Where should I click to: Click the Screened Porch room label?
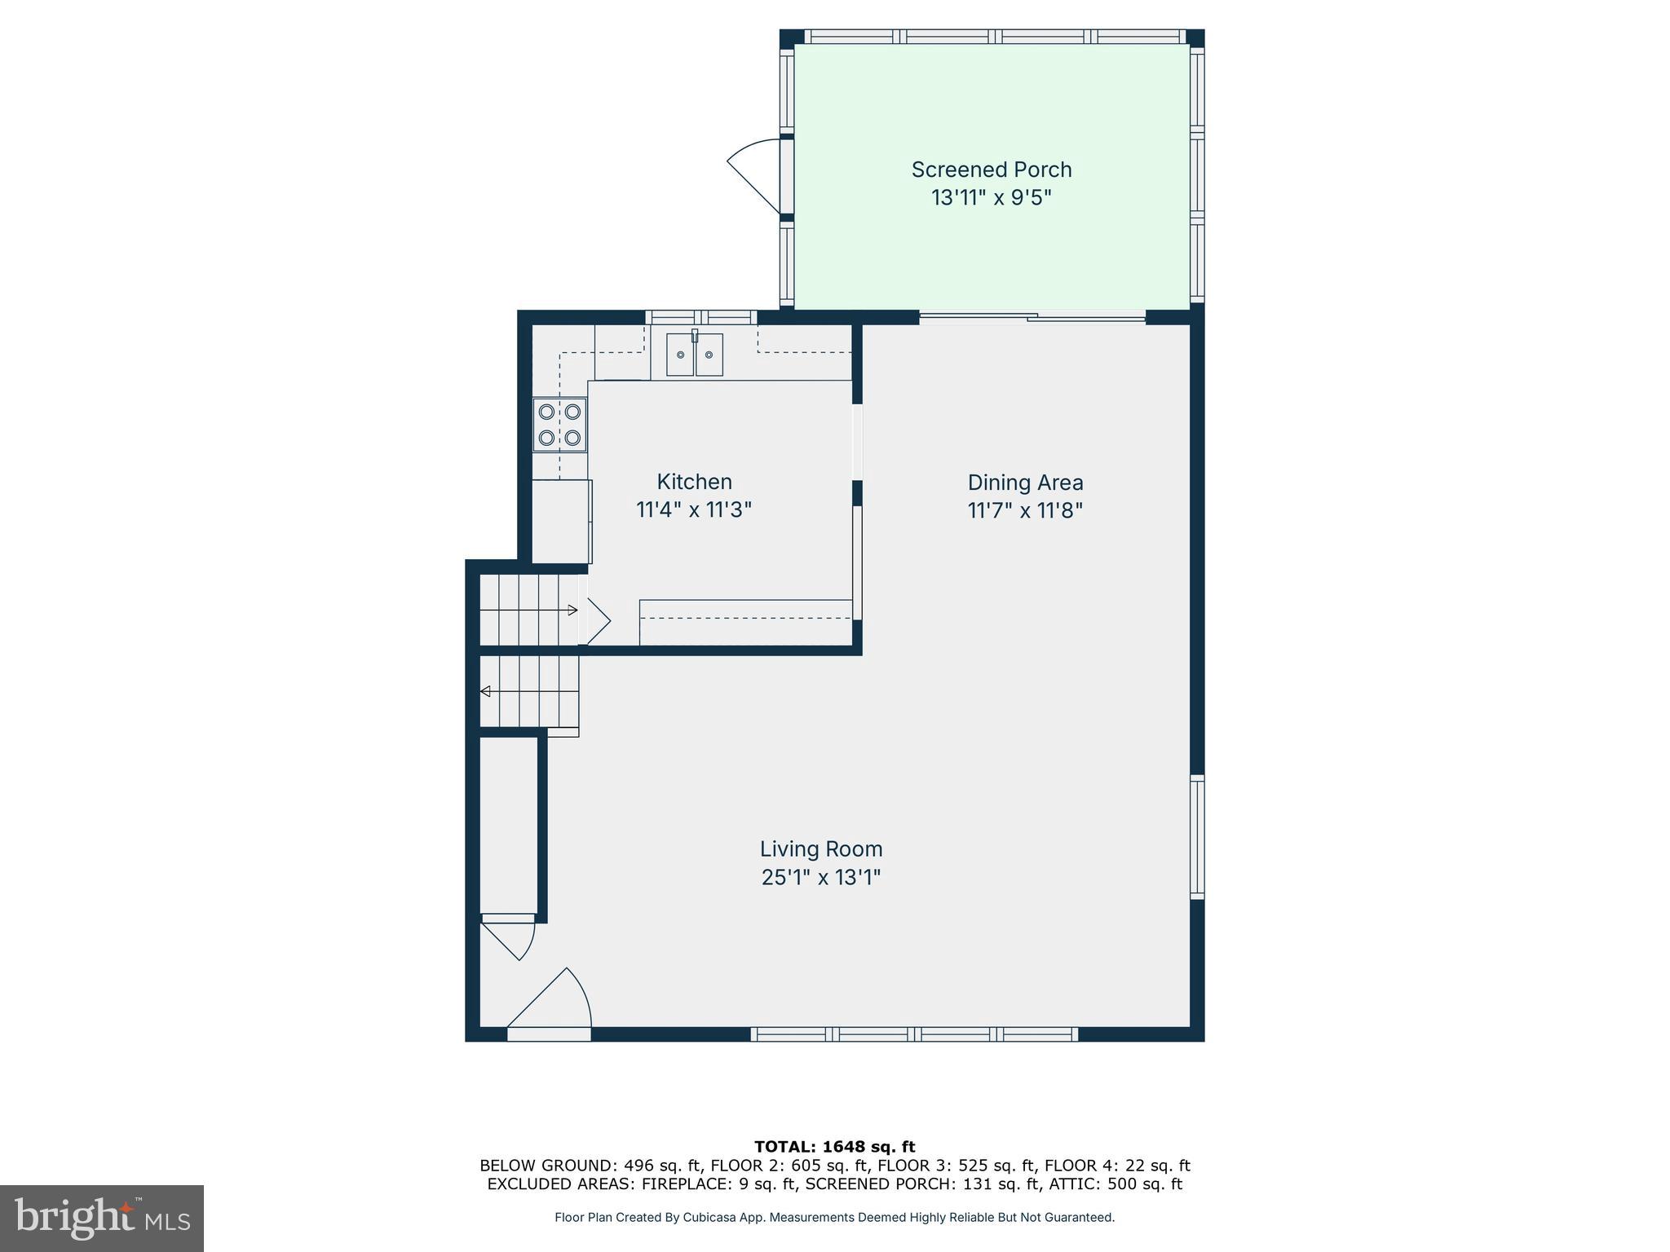(991, 170)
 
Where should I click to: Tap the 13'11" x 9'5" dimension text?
(991, 198)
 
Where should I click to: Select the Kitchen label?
(694, 482)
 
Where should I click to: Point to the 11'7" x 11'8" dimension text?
(1025, 511)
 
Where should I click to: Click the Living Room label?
(821, 849)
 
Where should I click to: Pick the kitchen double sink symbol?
(695, 355)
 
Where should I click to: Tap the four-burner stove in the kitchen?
(559, 424)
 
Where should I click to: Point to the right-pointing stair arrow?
(572, 610)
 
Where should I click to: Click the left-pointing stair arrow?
(485, 691)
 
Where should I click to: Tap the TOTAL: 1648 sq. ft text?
(834, 1147)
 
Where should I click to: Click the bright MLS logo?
(102, 1219)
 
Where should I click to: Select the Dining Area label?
(1025, 483)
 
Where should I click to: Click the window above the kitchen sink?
(701, 317)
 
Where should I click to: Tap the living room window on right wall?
(1196, 836)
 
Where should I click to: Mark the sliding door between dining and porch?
(1032, 318)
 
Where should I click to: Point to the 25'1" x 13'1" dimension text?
(821, 878)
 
